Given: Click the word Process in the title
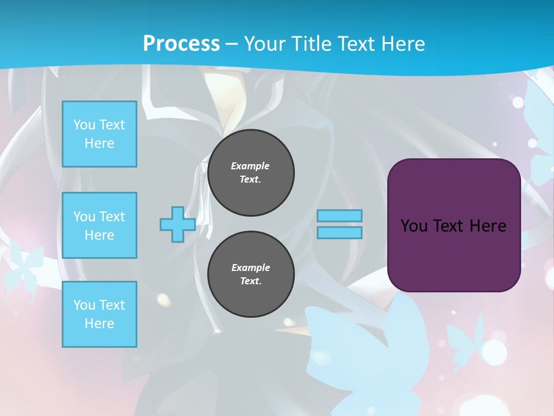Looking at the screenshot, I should (181, 44).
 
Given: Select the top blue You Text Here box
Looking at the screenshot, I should (99, 134).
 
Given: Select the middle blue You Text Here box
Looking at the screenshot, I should (99, 225).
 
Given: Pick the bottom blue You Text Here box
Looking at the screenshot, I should (99, 314).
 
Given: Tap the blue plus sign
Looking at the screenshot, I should (177, 225).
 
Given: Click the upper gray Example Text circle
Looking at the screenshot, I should (250, 173).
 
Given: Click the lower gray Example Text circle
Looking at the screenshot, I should (250, 274).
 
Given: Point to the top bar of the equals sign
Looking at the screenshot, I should (339, 216).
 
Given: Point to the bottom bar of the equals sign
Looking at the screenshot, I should (339, 232).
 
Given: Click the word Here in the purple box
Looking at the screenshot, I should (488, 226).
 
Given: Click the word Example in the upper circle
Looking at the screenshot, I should (250, 166).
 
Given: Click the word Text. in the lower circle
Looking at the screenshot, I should (250, 281).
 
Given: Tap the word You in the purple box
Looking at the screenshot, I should (414, 226).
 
